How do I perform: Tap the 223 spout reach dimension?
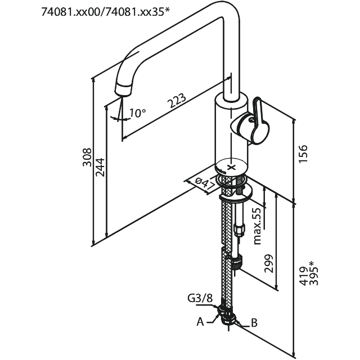tap(177, 101)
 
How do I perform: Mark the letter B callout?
tap(254, 323)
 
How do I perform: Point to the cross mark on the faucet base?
tap(232, 167)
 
